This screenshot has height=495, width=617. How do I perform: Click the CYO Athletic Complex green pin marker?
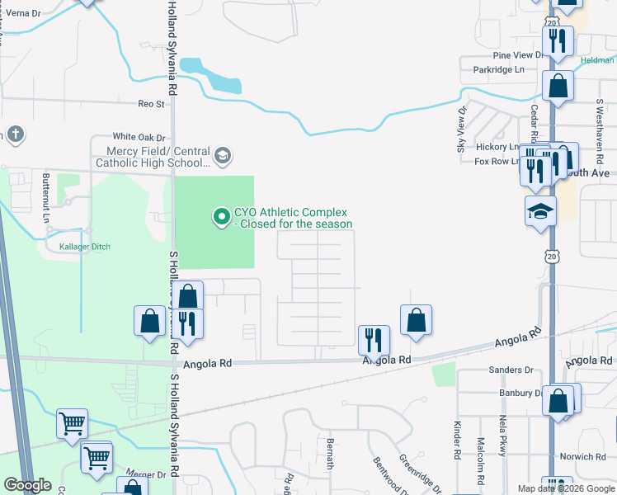[x=221, y=218]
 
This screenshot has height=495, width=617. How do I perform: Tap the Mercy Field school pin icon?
[x=222, y=156]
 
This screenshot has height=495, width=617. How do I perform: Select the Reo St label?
[x=151, y=104]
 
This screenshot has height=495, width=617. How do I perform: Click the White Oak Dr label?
[x=134, y=137]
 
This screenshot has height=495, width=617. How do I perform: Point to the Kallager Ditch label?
[x=84, y=247]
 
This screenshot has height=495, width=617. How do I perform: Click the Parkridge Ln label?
[x=499, y=70]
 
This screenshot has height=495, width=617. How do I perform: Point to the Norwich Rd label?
[x=583, y=456]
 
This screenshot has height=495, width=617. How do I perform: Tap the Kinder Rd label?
[x=456, y=439]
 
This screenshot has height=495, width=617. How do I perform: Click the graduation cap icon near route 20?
[x=541, y=212]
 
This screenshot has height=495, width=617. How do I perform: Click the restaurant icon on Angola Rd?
[x=374, y=337]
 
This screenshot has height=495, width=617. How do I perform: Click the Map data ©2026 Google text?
[x=565, y=488]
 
